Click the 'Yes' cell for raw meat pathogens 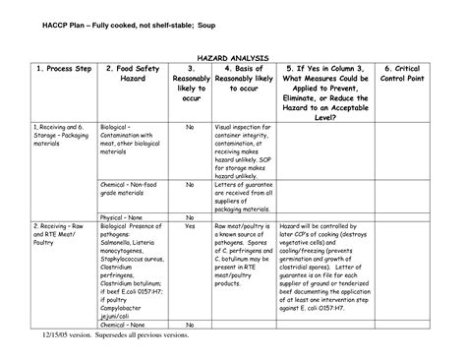[x=190, y=226]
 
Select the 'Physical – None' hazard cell [x=123, y=217]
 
